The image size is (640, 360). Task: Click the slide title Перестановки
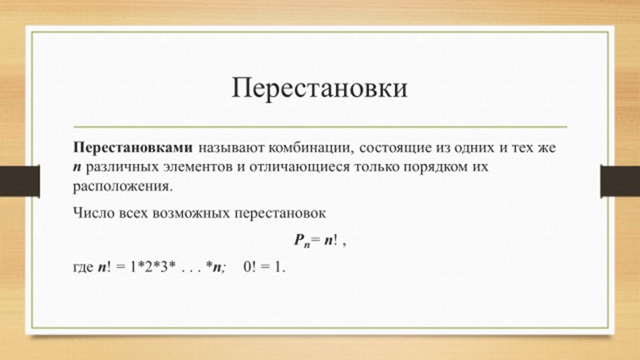pyautogui.click(x=320, y=88)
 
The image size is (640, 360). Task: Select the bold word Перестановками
pyautogui.click(x=133, y=148)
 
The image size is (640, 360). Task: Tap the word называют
pyautogui.click(x=231, y=148)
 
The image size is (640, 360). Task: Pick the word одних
pyautogui.click(x=473, y=148)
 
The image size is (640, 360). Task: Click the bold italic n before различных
pyautogui.click(x=78, y=168)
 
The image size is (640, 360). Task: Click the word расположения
pyautogui.click(x=123, y=187)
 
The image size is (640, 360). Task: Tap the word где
pyautogui.click(x=83, y=268)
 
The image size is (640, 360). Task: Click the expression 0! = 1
pyautogui.click(x=264, y=267)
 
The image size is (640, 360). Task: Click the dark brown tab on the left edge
pyautogui.click(x=20, y=181)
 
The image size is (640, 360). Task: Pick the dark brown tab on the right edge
pyautogui.click(x=620, y=181)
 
